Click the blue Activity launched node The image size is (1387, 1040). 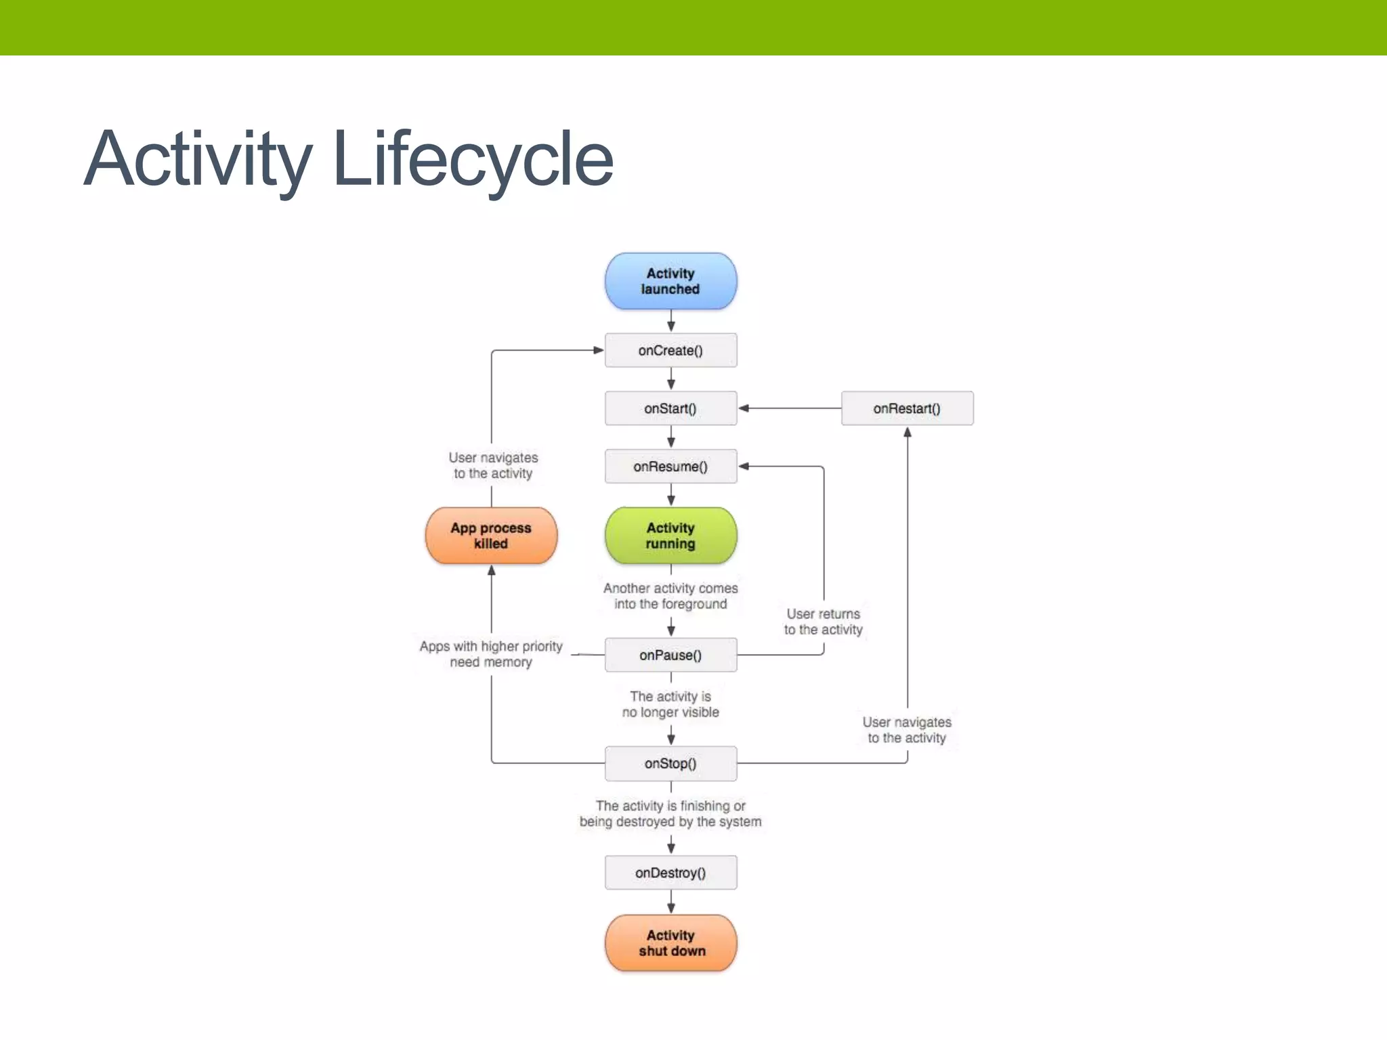click(670, 281)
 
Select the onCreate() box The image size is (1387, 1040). click(670, 350)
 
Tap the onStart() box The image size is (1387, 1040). click(670, 408)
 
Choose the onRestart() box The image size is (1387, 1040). click(907, 408)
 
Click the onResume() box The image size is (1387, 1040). click(670, 467)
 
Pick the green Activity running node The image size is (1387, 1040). click(670, 536)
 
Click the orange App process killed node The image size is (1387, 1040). click(491, 536)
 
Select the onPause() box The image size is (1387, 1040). click(670, 655)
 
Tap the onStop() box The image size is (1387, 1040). click(670, 763)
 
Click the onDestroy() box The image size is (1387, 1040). click(670, 873)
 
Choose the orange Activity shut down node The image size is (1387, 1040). click(670, 942)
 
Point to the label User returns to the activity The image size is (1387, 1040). click(823, 622)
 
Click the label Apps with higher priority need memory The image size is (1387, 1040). click(491, 654)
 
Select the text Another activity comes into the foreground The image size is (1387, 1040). click(670, 596)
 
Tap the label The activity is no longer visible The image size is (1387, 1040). click(670, 704)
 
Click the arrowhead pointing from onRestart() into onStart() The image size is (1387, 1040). click(744, 408)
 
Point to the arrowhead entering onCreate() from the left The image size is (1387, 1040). click(598, 350)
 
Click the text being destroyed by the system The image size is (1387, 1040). click(670, 821)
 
